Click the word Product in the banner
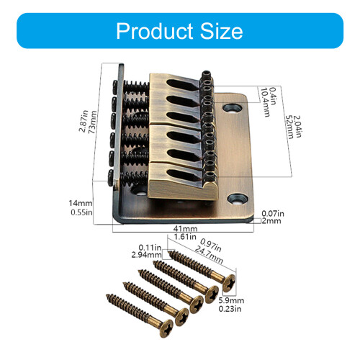tap(155, 31)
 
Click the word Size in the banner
tap(221, 31)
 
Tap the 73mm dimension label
tap(93, 122)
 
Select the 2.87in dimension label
tap(84, 121)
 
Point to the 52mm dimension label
tap(289, 127)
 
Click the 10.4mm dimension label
tap(266, 102)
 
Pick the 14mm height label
tap(81, 203)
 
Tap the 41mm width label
tap(185, 228)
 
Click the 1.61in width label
tap(185, 237)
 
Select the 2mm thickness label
tap(271, 221)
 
